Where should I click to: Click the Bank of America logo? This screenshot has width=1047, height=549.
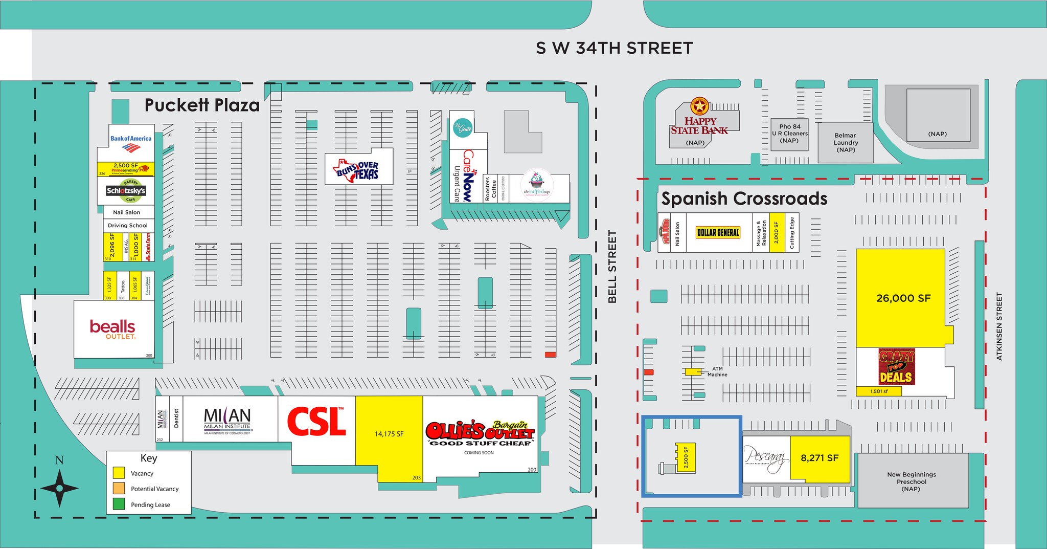131,143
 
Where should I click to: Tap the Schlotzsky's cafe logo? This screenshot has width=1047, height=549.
126,191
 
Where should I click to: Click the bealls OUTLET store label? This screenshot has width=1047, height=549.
112,329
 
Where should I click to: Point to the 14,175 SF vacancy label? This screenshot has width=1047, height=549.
389,434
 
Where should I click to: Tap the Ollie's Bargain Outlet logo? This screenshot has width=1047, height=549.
480,432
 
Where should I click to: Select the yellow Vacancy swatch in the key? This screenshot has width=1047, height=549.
119,473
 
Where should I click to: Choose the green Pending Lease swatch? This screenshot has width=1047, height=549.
119,504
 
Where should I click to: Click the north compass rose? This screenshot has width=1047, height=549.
59,488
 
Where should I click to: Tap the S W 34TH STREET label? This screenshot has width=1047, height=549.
614,48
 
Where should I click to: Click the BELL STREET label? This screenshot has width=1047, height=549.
612,267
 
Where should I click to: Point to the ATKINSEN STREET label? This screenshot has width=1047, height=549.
999,326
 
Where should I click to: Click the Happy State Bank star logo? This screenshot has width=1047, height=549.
699,107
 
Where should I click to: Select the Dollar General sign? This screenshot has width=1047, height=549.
718,233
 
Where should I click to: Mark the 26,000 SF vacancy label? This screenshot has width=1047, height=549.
903,298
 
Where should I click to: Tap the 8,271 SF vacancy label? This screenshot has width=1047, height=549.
819,458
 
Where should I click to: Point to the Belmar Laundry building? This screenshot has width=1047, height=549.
846,142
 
